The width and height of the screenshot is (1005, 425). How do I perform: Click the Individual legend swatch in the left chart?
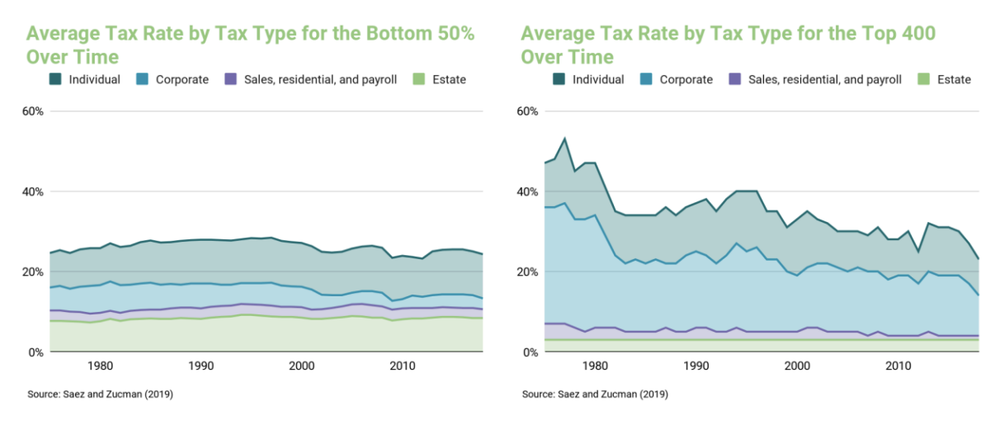(x=55, y=79)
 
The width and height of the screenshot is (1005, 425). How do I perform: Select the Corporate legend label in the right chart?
(x=686, y=79)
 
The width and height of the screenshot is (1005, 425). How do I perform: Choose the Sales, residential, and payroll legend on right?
(x=824, y=79)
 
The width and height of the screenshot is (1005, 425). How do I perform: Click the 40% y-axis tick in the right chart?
(x=526, y=191)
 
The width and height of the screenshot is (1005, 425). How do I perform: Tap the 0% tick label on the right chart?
(x=530, y=352)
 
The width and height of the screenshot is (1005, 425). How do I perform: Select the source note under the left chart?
(x=100, y=394)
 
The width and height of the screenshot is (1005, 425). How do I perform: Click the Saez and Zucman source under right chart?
(x=595, y=394)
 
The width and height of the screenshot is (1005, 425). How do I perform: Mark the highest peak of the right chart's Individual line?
(x=564, y=139)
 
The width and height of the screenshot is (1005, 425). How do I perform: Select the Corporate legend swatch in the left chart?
(x=142, y=79)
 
